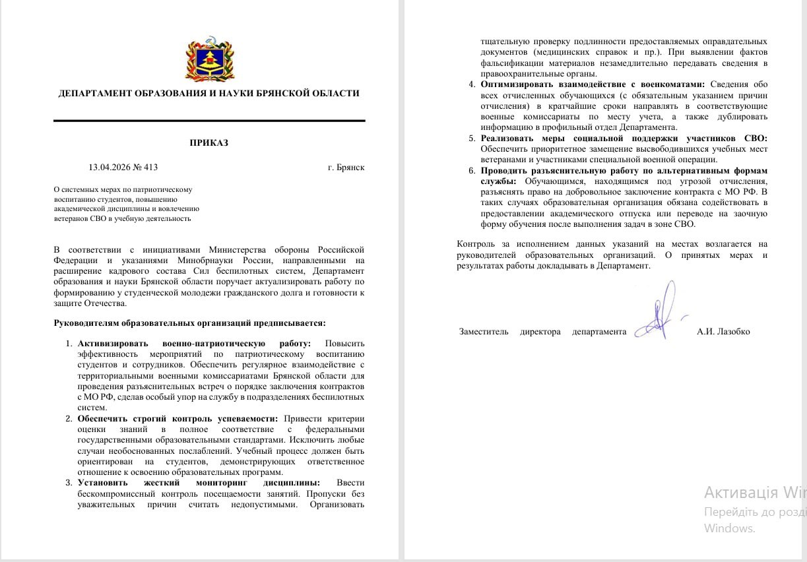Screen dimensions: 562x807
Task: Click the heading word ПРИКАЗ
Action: coord(209,143)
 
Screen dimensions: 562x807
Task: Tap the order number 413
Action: coord(151,168)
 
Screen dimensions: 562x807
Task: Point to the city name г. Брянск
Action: coord(346,168)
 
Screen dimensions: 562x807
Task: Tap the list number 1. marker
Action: coord(69,344)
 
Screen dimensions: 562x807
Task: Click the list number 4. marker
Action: coord(471,85)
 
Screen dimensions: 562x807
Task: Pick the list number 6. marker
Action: coord(471,171)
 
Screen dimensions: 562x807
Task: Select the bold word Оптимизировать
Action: coord(519,85)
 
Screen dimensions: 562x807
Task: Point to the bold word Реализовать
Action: coord(507,139)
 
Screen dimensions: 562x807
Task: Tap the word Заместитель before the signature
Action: coord(484,332)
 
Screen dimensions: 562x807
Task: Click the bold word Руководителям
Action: coord(88,323)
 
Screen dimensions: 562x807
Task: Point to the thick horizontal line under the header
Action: coord(209,121)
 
